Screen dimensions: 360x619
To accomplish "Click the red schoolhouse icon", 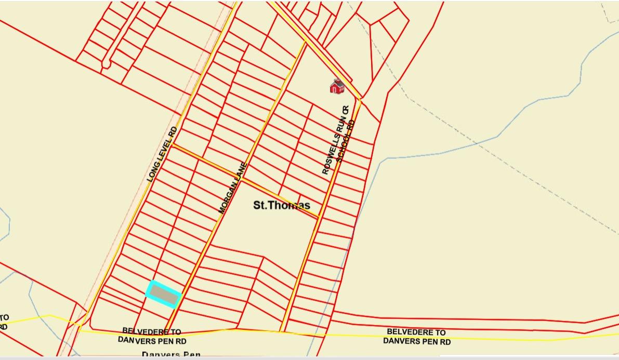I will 337,86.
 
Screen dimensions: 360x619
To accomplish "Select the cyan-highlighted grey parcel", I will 163,295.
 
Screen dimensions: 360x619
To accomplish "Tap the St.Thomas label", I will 281,205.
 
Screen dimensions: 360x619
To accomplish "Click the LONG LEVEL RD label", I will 162,154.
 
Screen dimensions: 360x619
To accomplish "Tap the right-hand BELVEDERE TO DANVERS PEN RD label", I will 416,337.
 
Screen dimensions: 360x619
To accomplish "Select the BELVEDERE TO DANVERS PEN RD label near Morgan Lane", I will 152,336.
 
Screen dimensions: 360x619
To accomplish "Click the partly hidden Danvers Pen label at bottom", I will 171,355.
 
